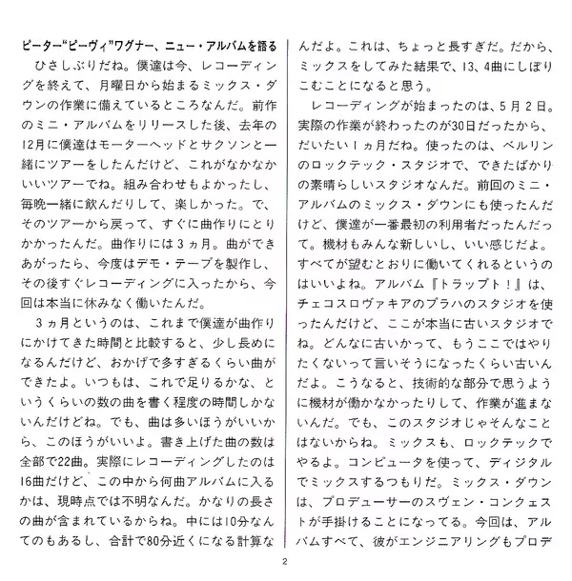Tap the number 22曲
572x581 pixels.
point(75,459)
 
